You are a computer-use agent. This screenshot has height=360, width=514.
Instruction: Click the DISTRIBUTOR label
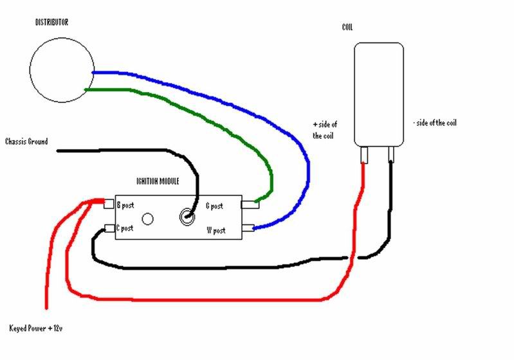pyautogui.click(x=52, y=22)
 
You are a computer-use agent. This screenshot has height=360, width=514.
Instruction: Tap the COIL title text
pyautogui.click(x=347, y=27)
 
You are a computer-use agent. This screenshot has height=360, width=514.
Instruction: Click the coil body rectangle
pyautogui.click(x=354, y=94)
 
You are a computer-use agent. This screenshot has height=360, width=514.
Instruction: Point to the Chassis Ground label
pyautogui.click(x=26, y=141)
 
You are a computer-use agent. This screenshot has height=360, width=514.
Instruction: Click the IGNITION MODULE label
pyautogui.click(x=158, y=181)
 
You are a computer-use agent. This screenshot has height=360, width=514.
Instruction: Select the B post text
pyautogui.click(x=125, y=205)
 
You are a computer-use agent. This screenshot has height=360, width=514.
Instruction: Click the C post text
pyautogui.click(x=125, y=228)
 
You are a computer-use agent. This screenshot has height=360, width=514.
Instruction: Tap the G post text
pyautogui.click(x=214, y=206)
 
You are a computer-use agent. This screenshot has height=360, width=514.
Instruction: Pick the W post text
pyautogui.click(x=216, y=230)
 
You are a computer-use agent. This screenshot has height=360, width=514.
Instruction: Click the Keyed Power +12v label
pyautogui.click(x=36, y=328)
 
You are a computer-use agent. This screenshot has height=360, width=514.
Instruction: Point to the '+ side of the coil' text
pyautogui.click(x=325, y=130)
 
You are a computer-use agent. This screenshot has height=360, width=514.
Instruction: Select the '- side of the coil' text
pyautogui.click(x=435, y=123)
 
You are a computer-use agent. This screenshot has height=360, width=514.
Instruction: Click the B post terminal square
pyautogui.click(x=109, y=203)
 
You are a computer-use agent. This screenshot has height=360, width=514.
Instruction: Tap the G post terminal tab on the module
pyautogui.click(x=250, y=204)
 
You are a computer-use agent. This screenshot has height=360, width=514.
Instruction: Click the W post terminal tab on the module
pyautogui.click(x=248, y=228)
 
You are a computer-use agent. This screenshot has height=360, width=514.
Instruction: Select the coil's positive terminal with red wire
pyautogui.click(x=364, y=155)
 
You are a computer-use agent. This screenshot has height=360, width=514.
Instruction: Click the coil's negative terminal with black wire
pyautogui.click(x=391, y=154)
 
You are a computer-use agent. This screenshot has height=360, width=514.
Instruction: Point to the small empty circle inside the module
pyautogui.click(x=147, y=219)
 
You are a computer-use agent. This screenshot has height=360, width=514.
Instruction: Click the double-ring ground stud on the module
pyautogui.click(x=187, y=217)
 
